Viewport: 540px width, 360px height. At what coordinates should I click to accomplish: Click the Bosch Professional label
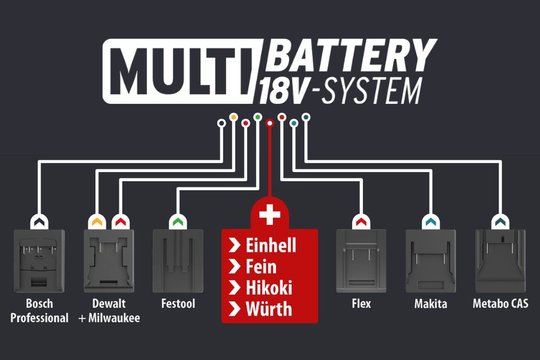pos(40,311)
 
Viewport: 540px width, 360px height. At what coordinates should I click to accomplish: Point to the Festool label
pos(178,304)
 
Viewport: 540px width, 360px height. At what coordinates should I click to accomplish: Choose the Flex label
pos(361,304)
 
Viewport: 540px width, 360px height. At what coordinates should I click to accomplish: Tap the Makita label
pos(430,304)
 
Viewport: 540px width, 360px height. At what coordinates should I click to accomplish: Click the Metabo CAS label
pos(501,304)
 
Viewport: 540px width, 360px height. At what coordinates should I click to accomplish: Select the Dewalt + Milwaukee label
pos(109,311)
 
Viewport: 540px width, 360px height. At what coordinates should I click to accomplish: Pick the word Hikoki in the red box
pos(269,288)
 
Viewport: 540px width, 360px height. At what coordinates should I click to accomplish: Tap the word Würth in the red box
pos(269,310)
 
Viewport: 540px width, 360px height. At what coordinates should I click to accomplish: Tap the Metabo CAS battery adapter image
pos(500,259)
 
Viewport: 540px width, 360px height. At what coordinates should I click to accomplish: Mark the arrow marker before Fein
pos(234,267)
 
